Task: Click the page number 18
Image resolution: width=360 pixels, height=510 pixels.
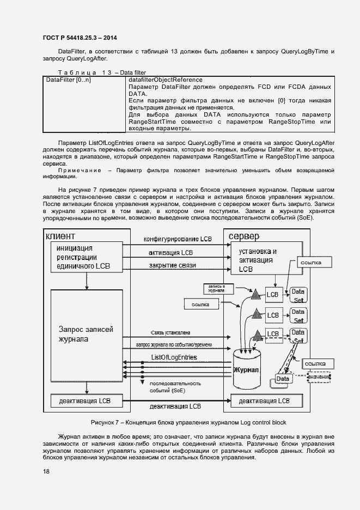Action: [x=46, y=471]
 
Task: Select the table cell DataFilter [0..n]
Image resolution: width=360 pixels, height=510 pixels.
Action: [x=69, y=80]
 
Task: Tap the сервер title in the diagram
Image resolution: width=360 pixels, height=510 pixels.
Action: [x=244, y=236]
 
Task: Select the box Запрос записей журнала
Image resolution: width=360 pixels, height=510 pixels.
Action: [x=81, y=334]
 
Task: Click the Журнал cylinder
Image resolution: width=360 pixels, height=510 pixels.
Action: [x=248, y=370]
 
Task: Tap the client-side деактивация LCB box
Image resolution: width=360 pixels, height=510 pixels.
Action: [x=81, y=401]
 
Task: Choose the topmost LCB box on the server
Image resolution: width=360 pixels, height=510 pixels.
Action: [x=272, y=295]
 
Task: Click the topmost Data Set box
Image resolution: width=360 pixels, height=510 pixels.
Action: [x=298, y=295]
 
